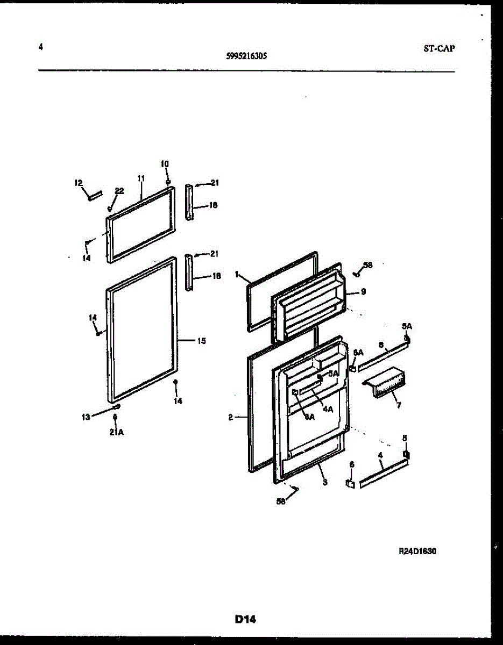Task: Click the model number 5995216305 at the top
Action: (x=248, y=55)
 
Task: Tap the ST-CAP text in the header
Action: (x=438, y=48)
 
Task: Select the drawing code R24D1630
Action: (x=417, y=551)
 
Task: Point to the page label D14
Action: (x=245, y=620)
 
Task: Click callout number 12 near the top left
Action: (x=78, y=183)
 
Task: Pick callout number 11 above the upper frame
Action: (x=141, y=178)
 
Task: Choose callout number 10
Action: (x=165, y=163)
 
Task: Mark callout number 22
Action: (x=119, y=191)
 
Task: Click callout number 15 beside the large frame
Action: (x=201, y=340)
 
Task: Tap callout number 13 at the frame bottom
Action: (x=86, y=416)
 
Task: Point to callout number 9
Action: (x=363, y=292)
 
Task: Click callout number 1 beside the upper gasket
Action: (x=237, y=274)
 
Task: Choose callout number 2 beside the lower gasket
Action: (x=230, y=417)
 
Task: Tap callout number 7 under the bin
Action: (x=399, y=405)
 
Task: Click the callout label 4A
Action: (x=328, y=408)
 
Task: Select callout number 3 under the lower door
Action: (x=324, y=482)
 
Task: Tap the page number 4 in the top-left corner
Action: (x=40, y=47)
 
